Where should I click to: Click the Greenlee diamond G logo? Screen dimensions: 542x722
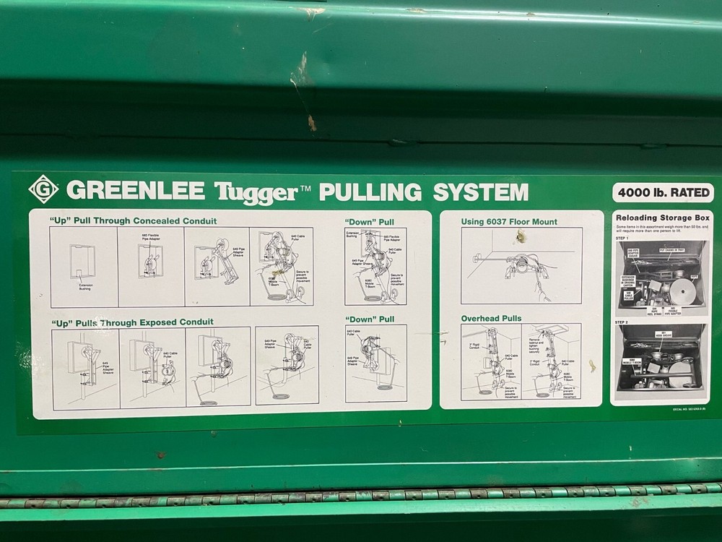point(43,189)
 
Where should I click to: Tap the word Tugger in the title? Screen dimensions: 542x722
point(256,192)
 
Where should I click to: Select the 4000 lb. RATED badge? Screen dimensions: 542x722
point(663,193)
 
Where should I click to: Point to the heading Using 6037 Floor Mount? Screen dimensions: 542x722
point(509,222)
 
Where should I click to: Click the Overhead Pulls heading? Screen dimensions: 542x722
point(491,318)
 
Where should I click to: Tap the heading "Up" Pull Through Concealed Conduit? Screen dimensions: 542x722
point(133,220)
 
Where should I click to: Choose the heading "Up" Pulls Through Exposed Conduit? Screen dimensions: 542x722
point(131,322)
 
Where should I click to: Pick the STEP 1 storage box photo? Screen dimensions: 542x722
point(661,277)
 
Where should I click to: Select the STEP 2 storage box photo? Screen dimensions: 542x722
point(661,358)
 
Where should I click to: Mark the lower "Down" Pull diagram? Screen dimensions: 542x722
point(375,364)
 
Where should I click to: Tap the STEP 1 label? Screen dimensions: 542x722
point(622,238)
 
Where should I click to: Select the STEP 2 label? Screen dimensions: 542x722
point(622,322)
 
